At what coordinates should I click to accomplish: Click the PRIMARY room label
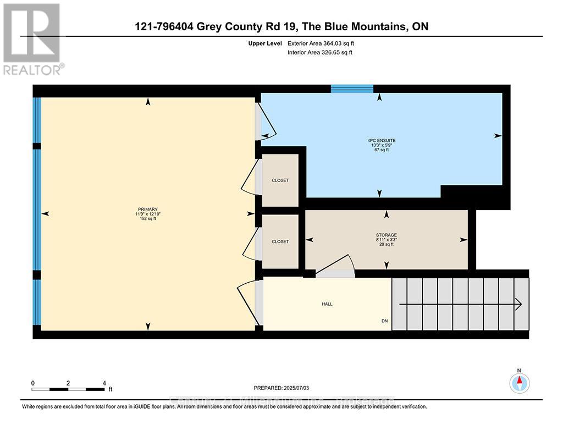click(x=147, y=209)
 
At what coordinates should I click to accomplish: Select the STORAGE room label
click(x=386, y=235)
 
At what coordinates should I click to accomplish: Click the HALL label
click(x=327, y=304)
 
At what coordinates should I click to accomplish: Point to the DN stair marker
click(x=384, y=321)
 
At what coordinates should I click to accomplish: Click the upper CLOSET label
click(x=280, y=180)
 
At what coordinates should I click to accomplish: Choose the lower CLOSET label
click(x=280, y=241)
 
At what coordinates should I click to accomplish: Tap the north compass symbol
click(x=519, y=382)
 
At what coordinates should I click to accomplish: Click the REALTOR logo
click(x=33, y=38)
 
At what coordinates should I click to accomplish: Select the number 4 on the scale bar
click(x=104, y=383)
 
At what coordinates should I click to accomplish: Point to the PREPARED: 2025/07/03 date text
click(x=285, y=388)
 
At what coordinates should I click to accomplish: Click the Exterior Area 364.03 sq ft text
click(x=324, y=43)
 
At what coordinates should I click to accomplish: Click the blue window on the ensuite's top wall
click(x=352, y=89)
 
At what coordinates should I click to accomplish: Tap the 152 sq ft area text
click(x=147, y=219)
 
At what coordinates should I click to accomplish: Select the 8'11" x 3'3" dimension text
click(x=386, y=240)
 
